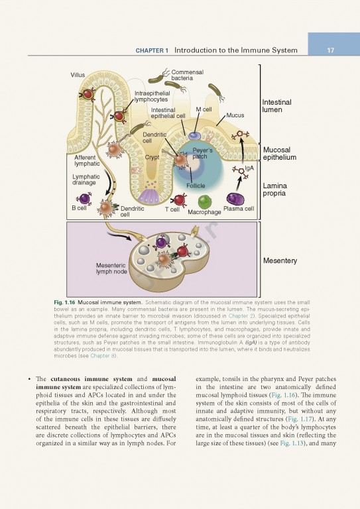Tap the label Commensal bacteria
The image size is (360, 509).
[187, 75]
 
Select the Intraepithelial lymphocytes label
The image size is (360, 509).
[152, 96]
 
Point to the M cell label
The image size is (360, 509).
[204, 109]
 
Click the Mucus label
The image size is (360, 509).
[235, 115]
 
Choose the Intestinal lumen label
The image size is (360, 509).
[276, 106]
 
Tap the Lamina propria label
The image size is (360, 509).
[275, 190]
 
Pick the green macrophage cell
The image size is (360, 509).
[205, 201]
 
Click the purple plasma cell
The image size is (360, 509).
[235, 198]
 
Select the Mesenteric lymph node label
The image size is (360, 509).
[111, 268]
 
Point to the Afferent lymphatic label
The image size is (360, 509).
[87, 160]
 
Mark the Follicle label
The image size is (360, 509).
[196, 186]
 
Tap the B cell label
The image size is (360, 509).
[79, 208]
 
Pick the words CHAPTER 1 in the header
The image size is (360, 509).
[152, 50]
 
